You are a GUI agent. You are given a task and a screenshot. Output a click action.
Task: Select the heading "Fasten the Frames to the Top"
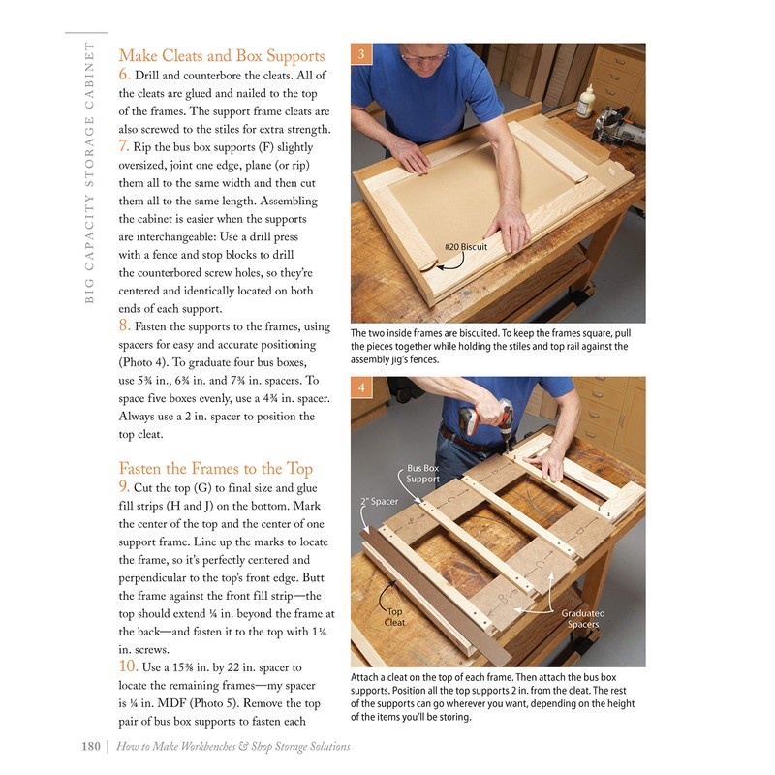click(215, 468)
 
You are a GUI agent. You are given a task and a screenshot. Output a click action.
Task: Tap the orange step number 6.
click(124, 76)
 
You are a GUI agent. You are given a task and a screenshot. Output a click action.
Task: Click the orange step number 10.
click(128, 666)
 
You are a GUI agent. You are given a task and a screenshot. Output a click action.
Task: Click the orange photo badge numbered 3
click(360, 54)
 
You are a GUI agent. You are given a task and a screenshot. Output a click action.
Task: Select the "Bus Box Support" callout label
click(422, 474)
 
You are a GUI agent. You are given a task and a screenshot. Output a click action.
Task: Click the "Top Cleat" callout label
click(394, 617)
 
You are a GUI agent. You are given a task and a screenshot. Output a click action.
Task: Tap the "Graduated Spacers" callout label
click(582, 618)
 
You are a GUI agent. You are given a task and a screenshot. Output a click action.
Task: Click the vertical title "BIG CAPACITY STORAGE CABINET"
click(89, 174)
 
